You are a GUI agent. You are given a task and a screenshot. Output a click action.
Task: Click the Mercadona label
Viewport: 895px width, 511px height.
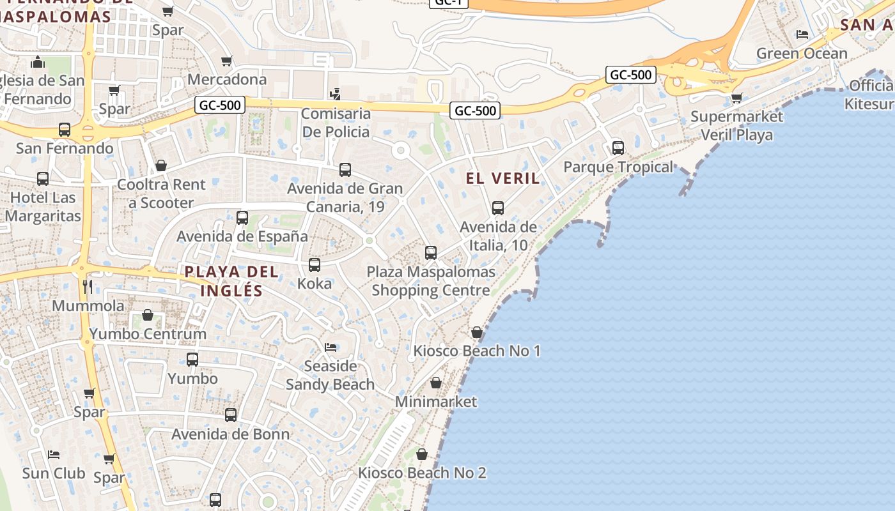[x=227, y=80]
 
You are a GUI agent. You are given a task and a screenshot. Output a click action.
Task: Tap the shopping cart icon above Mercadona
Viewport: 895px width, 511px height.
[x=227, y=61]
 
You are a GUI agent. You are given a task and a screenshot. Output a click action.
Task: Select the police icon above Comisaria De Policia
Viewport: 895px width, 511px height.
[x=335, y=95]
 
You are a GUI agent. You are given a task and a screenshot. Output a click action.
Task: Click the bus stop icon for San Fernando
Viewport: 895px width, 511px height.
[x=65, y=130]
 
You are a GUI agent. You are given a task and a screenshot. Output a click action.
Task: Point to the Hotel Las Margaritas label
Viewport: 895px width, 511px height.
[x=43, y=206]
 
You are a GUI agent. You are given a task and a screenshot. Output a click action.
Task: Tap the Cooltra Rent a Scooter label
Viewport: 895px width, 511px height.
[x=161, y=194]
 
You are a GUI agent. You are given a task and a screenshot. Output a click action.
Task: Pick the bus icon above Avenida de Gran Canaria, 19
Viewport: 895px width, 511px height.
[x=345, y=170]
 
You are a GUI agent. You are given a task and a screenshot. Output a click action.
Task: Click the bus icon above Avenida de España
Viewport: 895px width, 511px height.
[x=242, y=218]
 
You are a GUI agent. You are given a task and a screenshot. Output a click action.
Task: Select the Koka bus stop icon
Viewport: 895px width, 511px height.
[x=315, y=265]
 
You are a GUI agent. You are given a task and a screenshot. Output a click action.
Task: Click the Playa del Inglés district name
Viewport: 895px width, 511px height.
[x=231, y=281]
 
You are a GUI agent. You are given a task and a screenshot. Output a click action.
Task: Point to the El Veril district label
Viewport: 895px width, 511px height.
[x=503, y=178]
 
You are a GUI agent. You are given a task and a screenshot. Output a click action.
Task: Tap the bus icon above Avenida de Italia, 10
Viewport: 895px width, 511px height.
[x=498, y=208]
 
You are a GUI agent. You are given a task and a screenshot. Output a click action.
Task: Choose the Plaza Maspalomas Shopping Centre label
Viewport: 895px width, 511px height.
[x=431, y=281]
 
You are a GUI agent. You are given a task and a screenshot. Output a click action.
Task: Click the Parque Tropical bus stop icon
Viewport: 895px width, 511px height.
[x=618, y=148]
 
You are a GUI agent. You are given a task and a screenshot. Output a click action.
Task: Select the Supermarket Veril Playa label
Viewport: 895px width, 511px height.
[x=736, y=126]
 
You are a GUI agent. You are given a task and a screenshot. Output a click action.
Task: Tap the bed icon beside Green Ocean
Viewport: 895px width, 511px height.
[x=802, y=34]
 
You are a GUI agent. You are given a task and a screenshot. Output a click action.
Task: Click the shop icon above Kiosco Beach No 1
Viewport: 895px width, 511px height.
[x=477, y=332]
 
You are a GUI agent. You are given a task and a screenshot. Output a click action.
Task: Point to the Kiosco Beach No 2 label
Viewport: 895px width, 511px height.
[x=422, y=473]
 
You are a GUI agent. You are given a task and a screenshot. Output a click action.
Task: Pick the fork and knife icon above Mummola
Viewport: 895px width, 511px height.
[x=88, y=286]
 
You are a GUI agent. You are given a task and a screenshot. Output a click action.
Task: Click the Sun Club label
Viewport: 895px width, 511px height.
[x=54, y=473]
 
